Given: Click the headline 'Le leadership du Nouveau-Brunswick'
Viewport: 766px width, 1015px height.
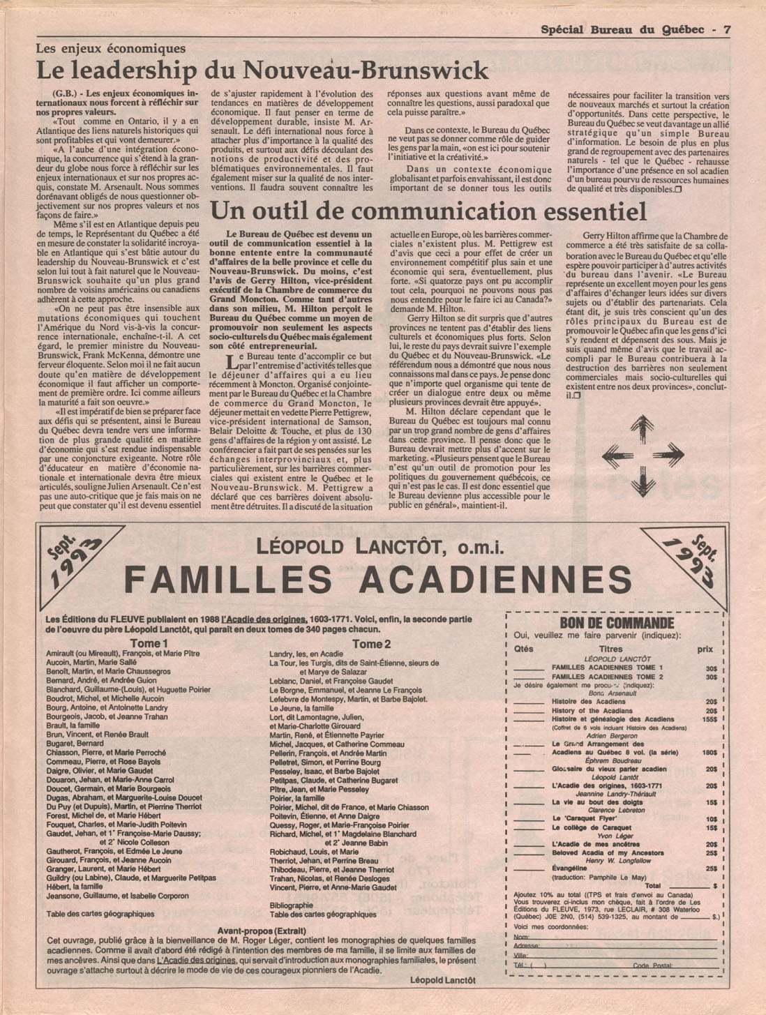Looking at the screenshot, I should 262,70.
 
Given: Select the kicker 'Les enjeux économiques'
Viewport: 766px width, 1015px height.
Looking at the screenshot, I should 111,49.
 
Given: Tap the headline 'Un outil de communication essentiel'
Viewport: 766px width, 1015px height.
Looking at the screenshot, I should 428,211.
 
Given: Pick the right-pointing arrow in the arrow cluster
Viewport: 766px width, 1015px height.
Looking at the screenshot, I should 668,455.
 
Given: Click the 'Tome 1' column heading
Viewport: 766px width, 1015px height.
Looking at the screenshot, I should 149,643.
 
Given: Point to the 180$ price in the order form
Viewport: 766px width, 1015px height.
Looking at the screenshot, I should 709,753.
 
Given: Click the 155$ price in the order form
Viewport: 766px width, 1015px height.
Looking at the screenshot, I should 709,719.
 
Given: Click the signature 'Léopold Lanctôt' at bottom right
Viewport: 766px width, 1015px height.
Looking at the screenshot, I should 443,980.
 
